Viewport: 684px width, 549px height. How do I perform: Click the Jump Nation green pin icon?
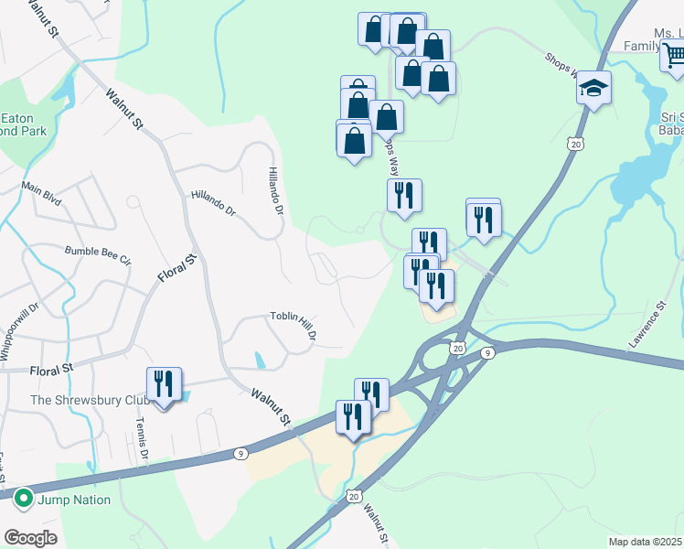coord(23,500)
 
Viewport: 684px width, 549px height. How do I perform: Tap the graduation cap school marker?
coord(593,89)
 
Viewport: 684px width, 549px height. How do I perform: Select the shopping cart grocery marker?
coord(675,56)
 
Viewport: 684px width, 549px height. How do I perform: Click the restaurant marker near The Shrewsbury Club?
coord(164,384)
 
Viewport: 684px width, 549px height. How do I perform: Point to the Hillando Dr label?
coord(213,203)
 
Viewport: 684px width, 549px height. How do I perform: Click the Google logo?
coord(29,537)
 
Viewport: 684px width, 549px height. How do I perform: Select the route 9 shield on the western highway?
coord(240,452)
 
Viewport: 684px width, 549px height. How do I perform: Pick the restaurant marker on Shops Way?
coord(403,197)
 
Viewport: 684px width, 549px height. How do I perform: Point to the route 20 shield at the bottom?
coord(354,495)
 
